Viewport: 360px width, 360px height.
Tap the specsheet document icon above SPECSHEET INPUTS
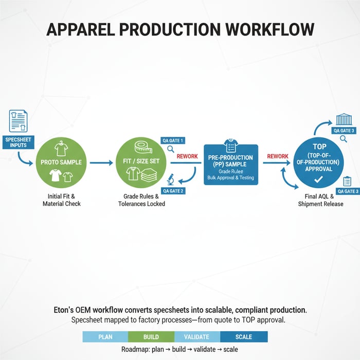pyautogui.click(x=18, y=121)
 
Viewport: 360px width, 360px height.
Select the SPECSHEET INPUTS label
pyautogui.click(x=18, y=141)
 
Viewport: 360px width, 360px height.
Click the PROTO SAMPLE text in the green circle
pyautogui.click(x=61, y=162)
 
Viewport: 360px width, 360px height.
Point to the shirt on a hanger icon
pyautogui.click(x=61, y=148)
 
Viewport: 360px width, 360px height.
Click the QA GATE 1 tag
pyautogui.click(x=172, y=140)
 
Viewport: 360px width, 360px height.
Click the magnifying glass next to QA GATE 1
pyautogui.click(x=170, y=150)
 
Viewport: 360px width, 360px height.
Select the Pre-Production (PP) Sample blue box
pyautogui.click(x=231, y=165)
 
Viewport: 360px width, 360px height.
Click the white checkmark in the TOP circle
pyautogui.click(x=318, y=179)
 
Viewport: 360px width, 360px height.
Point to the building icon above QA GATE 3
pyautogui.click(x=344, y=120)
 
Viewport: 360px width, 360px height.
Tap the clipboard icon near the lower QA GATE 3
pyautogui.click(x=347, y=181)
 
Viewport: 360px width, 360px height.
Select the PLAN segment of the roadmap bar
pyautogui.click(x=105, y=337)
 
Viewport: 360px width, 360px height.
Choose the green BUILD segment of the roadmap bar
pyautogui.click(x=151, y=337)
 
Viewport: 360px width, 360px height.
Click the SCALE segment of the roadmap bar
pyautogui.click(x=244, y=337)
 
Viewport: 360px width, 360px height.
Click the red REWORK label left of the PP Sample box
pyautogui.click(x=187, y=156)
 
